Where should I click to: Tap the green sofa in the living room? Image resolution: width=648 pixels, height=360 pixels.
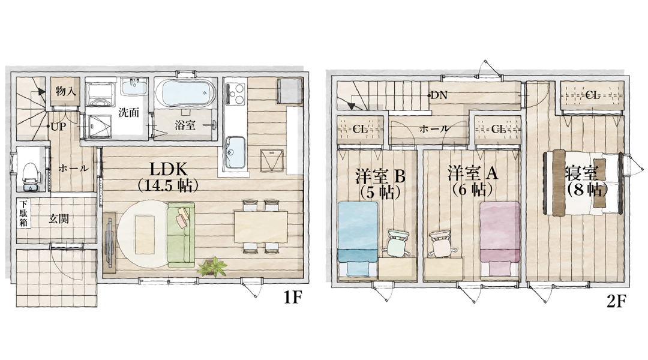pyautogui.click(x=181, y=235)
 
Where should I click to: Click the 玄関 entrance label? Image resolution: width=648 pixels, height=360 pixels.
pyautogui.click(x=58, y=219)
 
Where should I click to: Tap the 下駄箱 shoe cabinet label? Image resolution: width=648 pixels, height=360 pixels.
pyautogui.click(x=24, y=213)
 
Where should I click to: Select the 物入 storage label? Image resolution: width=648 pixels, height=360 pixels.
pyautogui.click(x=65, y=91)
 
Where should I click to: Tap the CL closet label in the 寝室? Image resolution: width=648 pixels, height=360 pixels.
pyautogui.click(x=592, y=95)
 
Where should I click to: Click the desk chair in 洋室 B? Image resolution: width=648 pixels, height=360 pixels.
pyautogui.click(x=397, y=242)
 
